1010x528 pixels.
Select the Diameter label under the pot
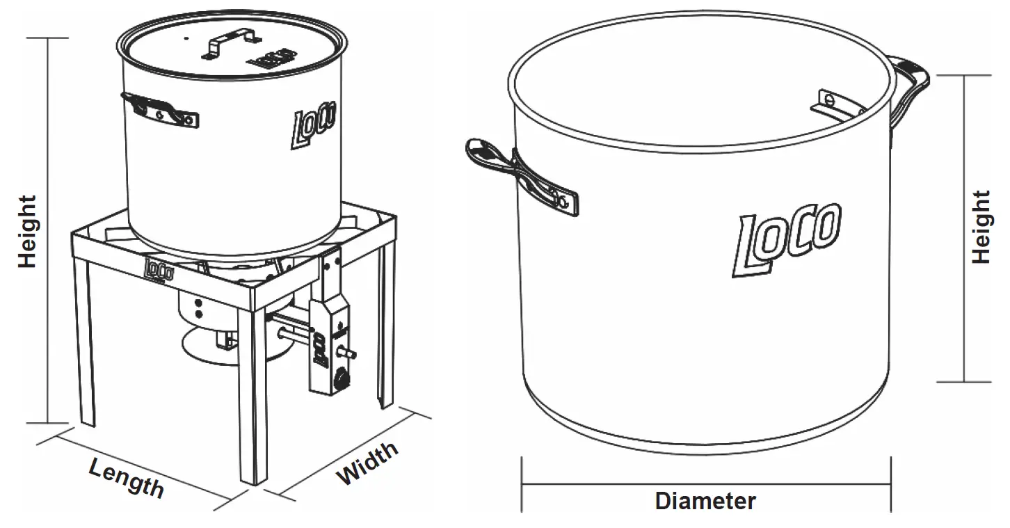coord(705,501)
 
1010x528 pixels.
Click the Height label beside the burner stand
coord(27,232)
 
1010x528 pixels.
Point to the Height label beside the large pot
coord(981,227)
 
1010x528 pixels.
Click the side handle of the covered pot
coord(160,110)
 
